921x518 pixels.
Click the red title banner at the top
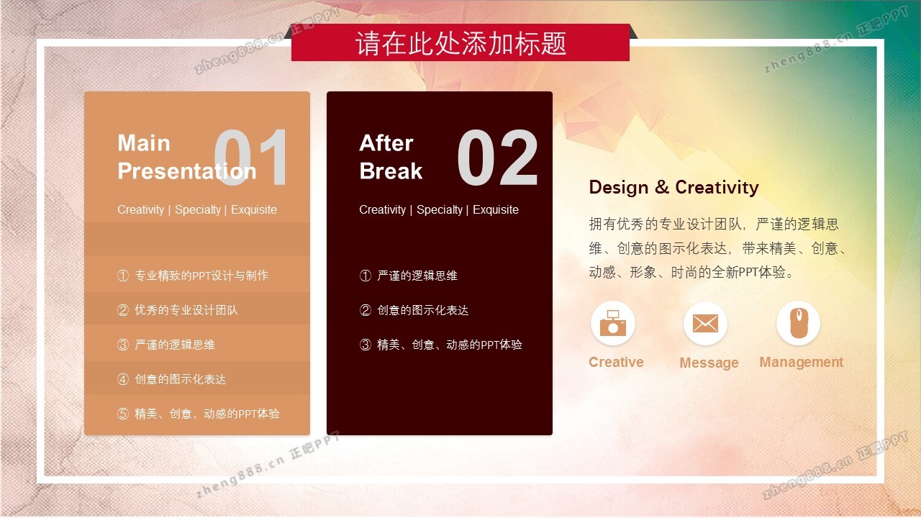pyautogui.click(x=460, y=42)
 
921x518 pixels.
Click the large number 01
pyautogui.click(x=250, y=157)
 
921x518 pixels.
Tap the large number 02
pyautogui.click(x=497, y=157)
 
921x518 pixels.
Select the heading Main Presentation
pyautogui.click(x=186, y=157)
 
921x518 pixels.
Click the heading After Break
pyautogui.click(x=391, y=157)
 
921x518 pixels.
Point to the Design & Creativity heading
pyautogui.click(x=673, y=187)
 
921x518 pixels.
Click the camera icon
pyautogui.click(x=612, y=323)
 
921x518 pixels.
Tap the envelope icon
pyautogui.click(x=705, y=324)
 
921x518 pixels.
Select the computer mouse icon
pyautogui.click(x=799, y=323)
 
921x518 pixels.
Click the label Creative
pyautogui.click(x=616, y=362)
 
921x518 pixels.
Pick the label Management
pyautogui.click(x=802, y=362)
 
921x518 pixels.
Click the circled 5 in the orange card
pyautogui.click(x=123, y=414)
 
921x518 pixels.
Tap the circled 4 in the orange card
pyautogui.click(x=123, y=379)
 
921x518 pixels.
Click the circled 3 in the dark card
pyautogui.click(x=365, y=345)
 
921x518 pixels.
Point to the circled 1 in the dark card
pyautogui.click(x=365, y=276)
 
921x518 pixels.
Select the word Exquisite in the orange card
pyautogui.click(x=254, y=209)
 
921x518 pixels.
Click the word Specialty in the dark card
pyautogui.click(x=440, y=210)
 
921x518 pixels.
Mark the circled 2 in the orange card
pyautogui.click(x=123, y=310)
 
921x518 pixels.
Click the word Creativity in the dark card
pyautogui.click(x=382, y=210)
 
